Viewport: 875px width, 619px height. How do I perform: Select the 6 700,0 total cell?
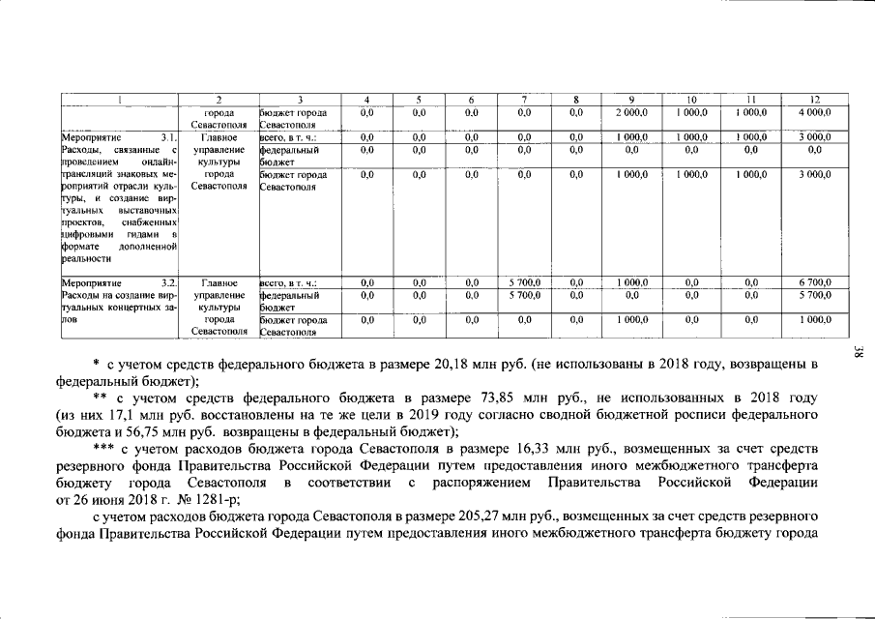(x=814, y=282)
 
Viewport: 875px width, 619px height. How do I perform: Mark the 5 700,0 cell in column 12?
(x=814, y=294)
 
